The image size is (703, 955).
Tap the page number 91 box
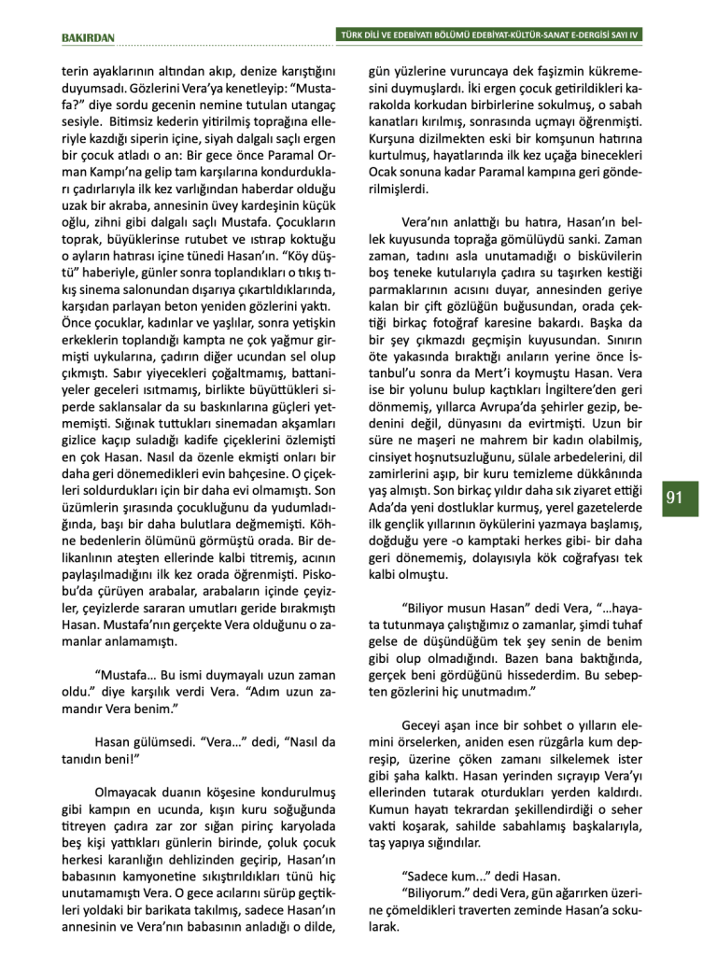(x=675, y=497)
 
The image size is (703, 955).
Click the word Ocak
(x=385, y=174)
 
